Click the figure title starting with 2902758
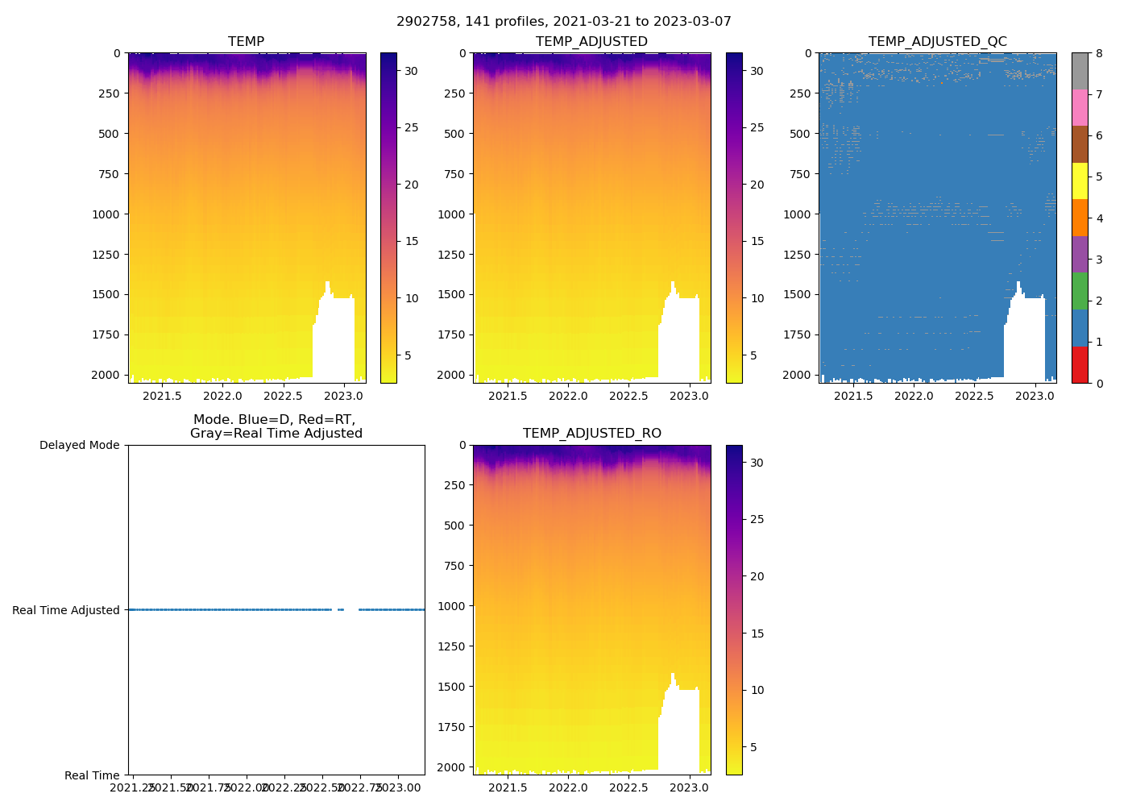(x=564, y=22)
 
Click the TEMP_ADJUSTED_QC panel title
(x=937, y=42)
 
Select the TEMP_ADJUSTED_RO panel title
(x=592, y=434)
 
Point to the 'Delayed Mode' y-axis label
(x=79, y=445)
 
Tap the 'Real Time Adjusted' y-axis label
(x=66, y=610)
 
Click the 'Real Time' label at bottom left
(x=92, y=775)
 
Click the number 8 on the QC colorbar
(x=1098, y=53)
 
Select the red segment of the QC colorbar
(x=1080, y=364)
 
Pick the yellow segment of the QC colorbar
(x=1080, y=181)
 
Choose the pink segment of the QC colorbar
(x=1080, y=107)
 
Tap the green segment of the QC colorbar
(x=1080, y=291)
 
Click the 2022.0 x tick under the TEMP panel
(x=222, y=396)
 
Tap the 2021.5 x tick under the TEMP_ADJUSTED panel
(x=508, y=396)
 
